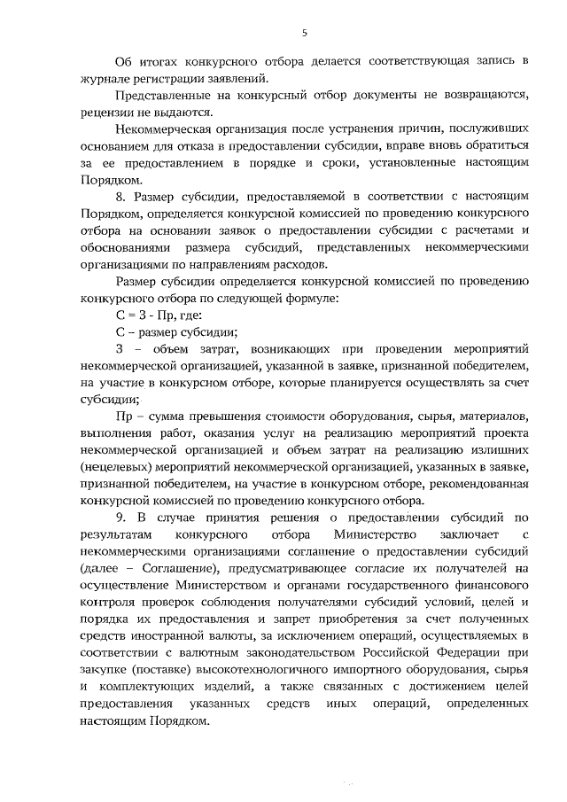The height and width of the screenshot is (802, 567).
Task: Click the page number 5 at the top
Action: pos(304,33)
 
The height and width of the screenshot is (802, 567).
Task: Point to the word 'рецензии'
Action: pos(106,113)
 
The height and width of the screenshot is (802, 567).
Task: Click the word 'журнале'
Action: pos(104,77)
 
